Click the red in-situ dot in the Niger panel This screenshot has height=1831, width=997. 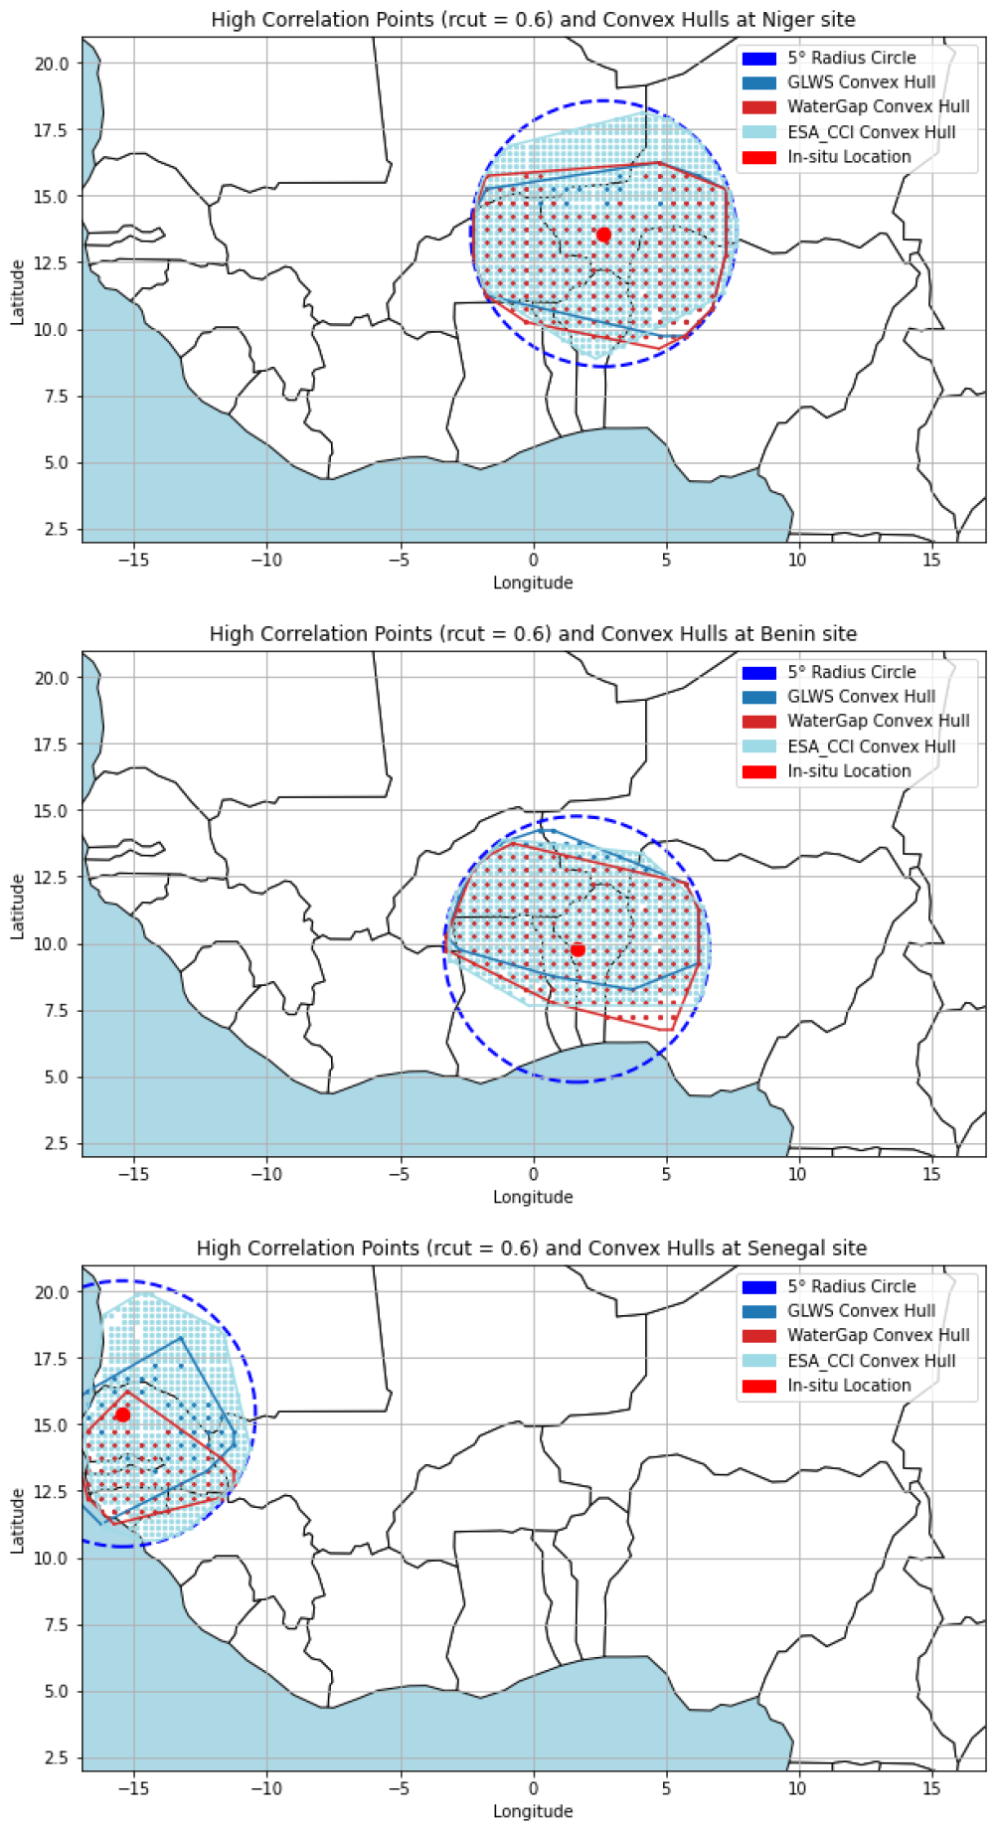coord(603,235)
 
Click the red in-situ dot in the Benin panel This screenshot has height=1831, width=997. coord(578,950)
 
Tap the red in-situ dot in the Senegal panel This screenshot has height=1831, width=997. coord(122,1415)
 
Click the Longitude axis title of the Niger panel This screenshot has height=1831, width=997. coord(533,583)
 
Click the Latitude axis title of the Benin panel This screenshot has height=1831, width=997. coord(17,907)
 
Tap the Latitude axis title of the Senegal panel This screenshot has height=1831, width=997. coord(17,1521)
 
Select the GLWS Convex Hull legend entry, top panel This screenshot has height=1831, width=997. coord(839,83)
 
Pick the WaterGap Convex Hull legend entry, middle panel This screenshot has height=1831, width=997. coord(856,721)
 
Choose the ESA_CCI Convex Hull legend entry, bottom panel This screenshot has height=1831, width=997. coord(849,1361)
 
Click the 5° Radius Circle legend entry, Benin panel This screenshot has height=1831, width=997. coord(829,672)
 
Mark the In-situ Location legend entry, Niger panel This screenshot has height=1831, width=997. coord(827,157)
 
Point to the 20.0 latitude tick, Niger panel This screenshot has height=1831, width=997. coord(52,64)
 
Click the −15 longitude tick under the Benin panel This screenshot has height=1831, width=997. coord(133,1174)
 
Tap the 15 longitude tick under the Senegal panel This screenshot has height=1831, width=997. coord(931,1788)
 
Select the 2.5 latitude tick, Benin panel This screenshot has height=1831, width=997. coord(57,1144)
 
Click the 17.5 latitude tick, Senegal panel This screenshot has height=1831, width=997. coord(52,1359)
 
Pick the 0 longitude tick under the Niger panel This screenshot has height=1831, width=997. coord(534,560)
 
